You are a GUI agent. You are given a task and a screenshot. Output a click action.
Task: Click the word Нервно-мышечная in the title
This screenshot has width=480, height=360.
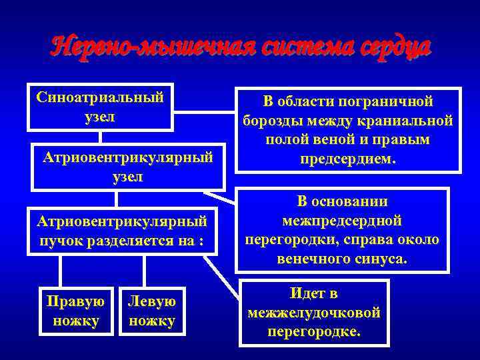141,47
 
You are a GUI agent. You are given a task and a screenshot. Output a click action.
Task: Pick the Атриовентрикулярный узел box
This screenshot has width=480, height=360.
128,167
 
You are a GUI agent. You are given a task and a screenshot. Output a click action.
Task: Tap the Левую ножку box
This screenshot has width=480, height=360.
153,311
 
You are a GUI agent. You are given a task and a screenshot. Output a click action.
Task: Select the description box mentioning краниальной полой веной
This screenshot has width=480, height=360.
349,131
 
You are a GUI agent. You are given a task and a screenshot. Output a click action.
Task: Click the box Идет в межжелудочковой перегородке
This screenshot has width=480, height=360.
313,312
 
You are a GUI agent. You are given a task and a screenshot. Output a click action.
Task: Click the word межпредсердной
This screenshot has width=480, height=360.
341,220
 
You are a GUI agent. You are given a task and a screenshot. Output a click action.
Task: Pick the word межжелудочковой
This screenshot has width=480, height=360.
314,312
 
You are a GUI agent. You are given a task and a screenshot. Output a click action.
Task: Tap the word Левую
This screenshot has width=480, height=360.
153,301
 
